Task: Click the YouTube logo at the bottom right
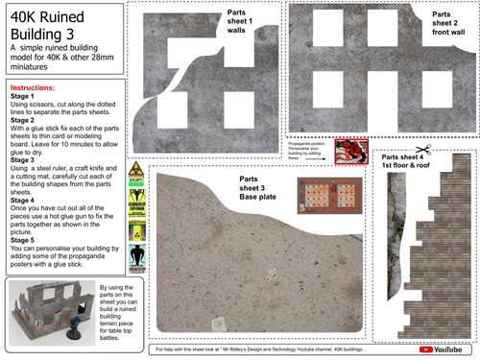pyautogui.click(x=443, y=350)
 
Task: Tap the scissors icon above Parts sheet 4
pyautogui.click(x=422, y=150)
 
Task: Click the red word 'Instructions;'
pyautogui.click(x=34, y=86)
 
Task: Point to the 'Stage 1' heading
pyautogui.click(x=20, y=97)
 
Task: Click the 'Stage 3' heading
pyautogui.click(x=20, y=159)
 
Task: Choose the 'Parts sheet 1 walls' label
pyautogui.click(x=241, y=20)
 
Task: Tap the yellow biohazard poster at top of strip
pyautogui.click(x=136, y=171)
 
